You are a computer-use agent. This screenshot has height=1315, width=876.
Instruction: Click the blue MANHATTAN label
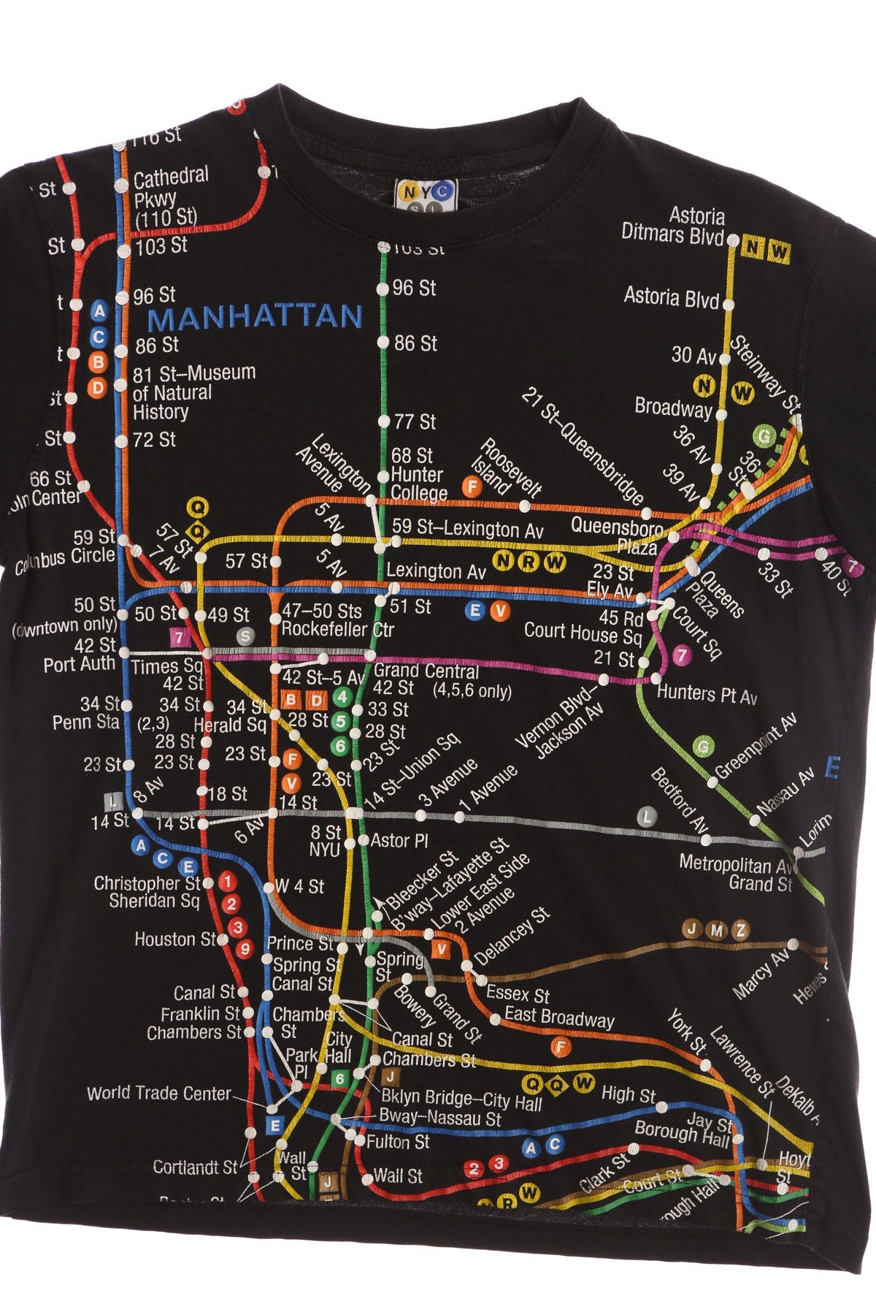click(255, 317)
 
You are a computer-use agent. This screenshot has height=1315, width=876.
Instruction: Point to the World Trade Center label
click(158, 1094)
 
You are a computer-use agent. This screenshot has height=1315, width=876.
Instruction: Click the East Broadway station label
click(559, 1018)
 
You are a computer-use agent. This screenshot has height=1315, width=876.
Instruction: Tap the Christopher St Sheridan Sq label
click(147, 892)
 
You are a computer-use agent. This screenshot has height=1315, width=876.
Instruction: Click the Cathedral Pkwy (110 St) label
click(169, 196)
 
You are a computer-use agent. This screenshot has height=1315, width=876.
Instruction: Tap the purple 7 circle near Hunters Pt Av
click(682, 655)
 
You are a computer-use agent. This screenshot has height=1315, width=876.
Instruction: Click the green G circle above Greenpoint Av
click(703, 746)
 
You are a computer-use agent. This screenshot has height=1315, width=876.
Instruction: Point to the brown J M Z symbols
click(717, 930)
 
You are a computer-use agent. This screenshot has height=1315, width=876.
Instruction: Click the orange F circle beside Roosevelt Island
click(473, 484)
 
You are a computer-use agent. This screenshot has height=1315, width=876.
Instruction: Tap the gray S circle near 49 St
click(245, 636)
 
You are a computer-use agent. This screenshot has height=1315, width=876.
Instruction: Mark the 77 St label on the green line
click(414, 422)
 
